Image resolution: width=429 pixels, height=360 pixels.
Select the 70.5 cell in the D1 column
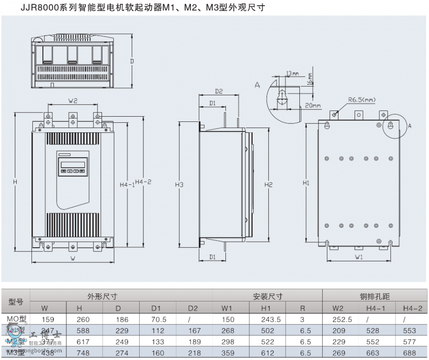click(158, 320)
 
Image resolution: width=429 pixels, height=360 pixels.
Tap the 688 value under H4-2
click(412, 353)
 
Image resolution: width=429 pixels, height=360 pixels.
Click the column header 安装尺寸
click(267, 296)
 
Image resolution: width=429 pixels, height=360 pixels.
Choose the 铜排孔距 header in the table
click(375, 296)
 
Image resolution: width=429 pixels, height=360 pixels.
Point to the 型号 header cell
click(16, 302)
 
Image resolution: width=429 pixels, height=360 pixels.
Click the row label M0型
click(16, 319)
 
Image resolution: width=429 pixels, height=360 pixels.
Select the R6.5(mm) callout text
click(362, 100)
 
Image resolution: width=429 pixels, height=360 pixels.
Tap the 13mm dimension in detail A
click(292, 73)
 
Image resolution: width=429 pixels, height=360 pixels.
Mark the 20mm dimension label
click(313, 105)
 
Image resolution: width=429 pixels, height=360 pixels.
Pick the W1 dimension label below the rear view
click(359, 257)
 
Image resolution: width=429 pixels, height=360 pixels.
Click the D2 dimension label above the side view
click(219, 91)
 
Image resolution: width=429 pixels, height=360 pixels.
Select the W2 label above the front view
click(72, 100)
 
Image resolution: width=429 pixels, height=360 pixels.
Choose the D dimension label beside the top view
click(132, 61)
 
